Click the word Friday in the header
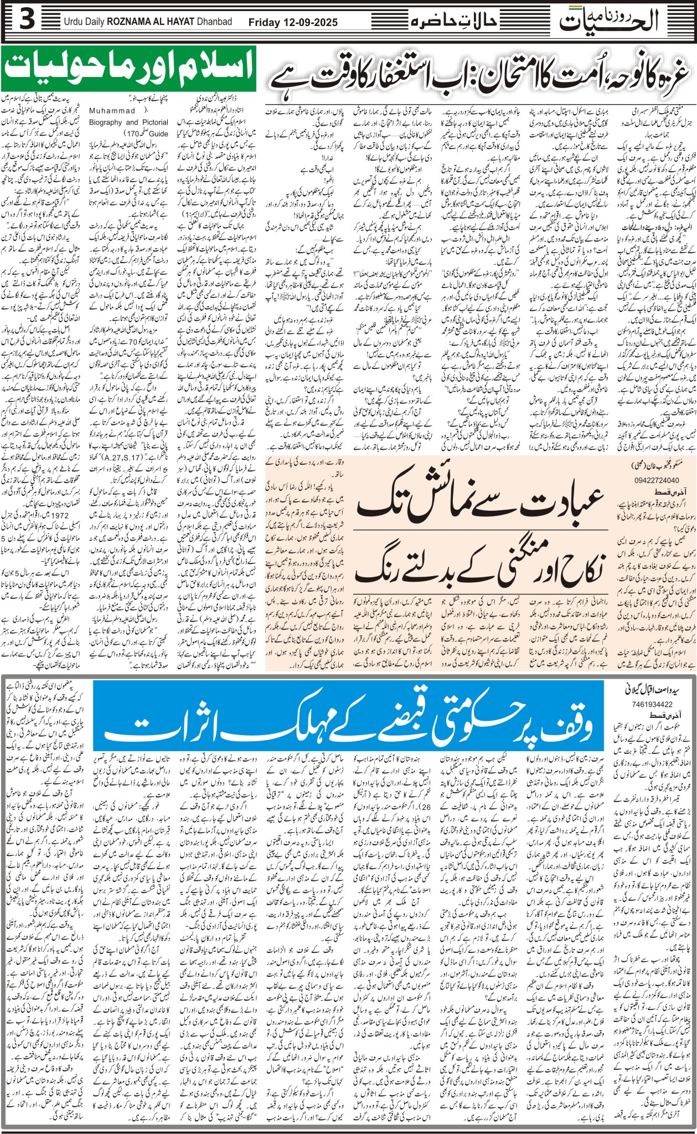pyautogui.click(x=264, y=23)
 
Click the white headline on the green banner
pyautogui.click(x=128, y=69)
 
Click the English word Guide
pyautogui.click(x=158, y=134)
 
